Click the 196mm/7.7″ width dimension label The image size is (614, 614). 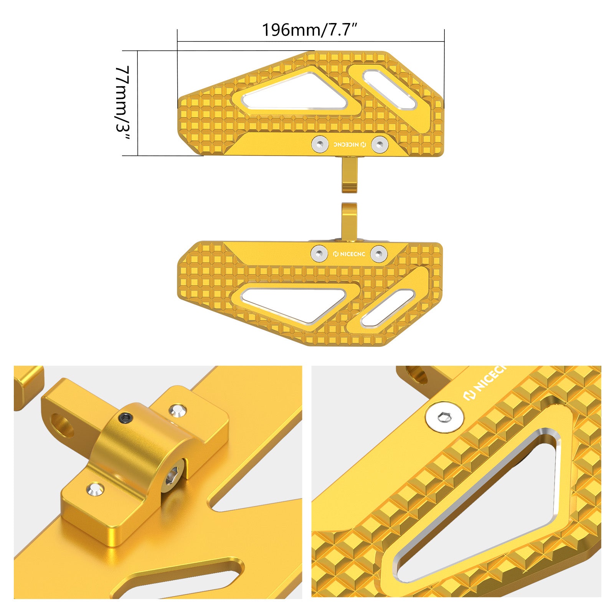(x=310, y=30)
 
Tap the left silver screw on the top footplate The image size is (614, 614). (x=320, y=144)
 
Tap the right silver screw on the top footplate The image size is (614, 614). (x=380, y=144)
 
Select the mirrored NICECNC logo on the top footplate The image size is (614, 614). (x=350, y=145)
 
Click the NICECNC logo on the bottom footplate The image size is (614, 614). (x=349, y=254)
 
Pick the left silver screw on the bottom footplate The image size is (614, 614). (x=319, y=254)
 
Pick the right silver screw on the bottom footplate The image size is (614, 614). (x=379, y=254)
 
